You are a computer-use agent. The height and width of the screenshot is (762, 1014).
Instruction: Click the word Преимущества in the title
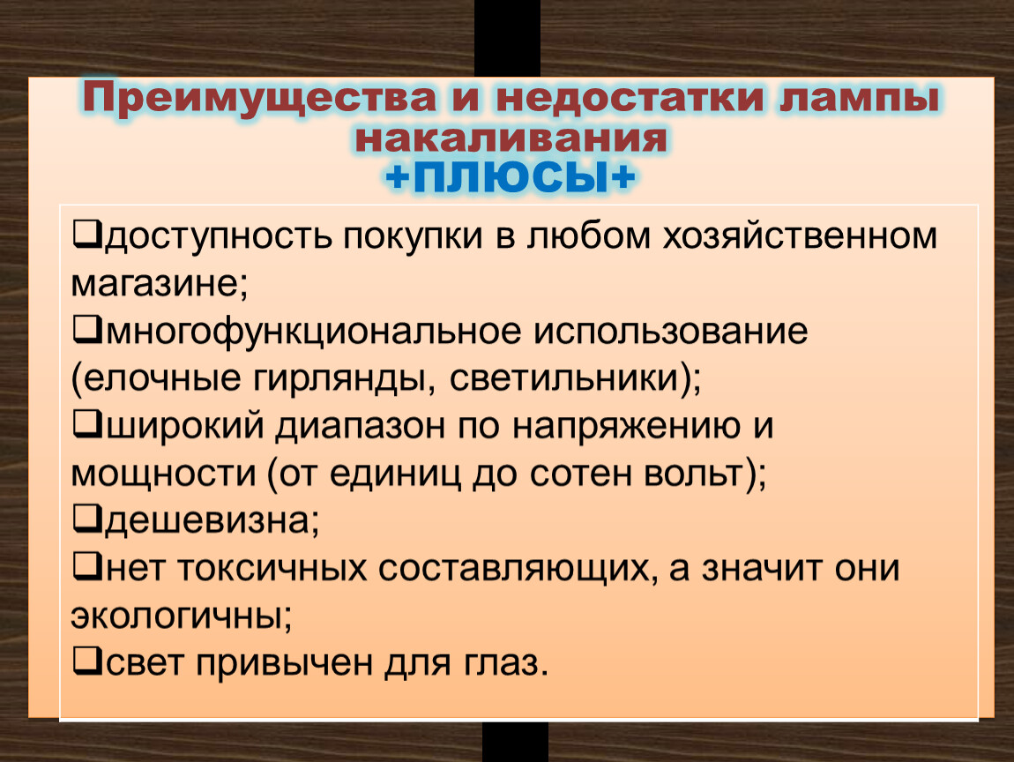pos(259,98)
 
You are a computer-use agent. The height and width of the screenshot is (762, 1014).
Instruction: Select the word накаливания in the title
pos(511,138)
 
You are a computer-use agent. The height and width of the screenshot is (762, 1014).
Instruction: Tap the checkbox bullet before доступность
pos(86,235)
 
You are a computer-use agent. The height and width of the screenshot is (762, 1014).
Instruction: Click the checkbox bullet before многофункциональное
pos(86,331)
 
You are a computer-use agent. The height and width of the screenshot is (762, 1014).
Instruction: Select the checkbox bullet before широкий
pos(86,426)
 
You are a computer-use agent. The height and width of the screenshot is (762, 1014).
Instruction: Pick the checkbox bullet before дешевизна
pos(86,520)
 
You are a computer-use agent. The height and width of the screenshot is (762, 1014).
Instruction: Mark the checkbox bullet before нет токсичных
pos(86,567)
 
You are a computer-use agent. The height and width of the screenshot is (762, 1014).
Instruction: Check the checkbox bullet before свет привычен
pos(86,662)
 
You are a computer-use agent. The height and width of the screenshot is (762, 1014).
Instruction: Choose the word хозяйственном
pos(800,236)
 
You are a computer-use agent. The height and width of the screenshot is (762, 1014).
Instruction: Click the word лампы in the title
pos(859,100)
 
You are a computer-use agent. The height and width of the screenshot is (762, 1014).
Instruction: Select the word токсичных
pos(272,569)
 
